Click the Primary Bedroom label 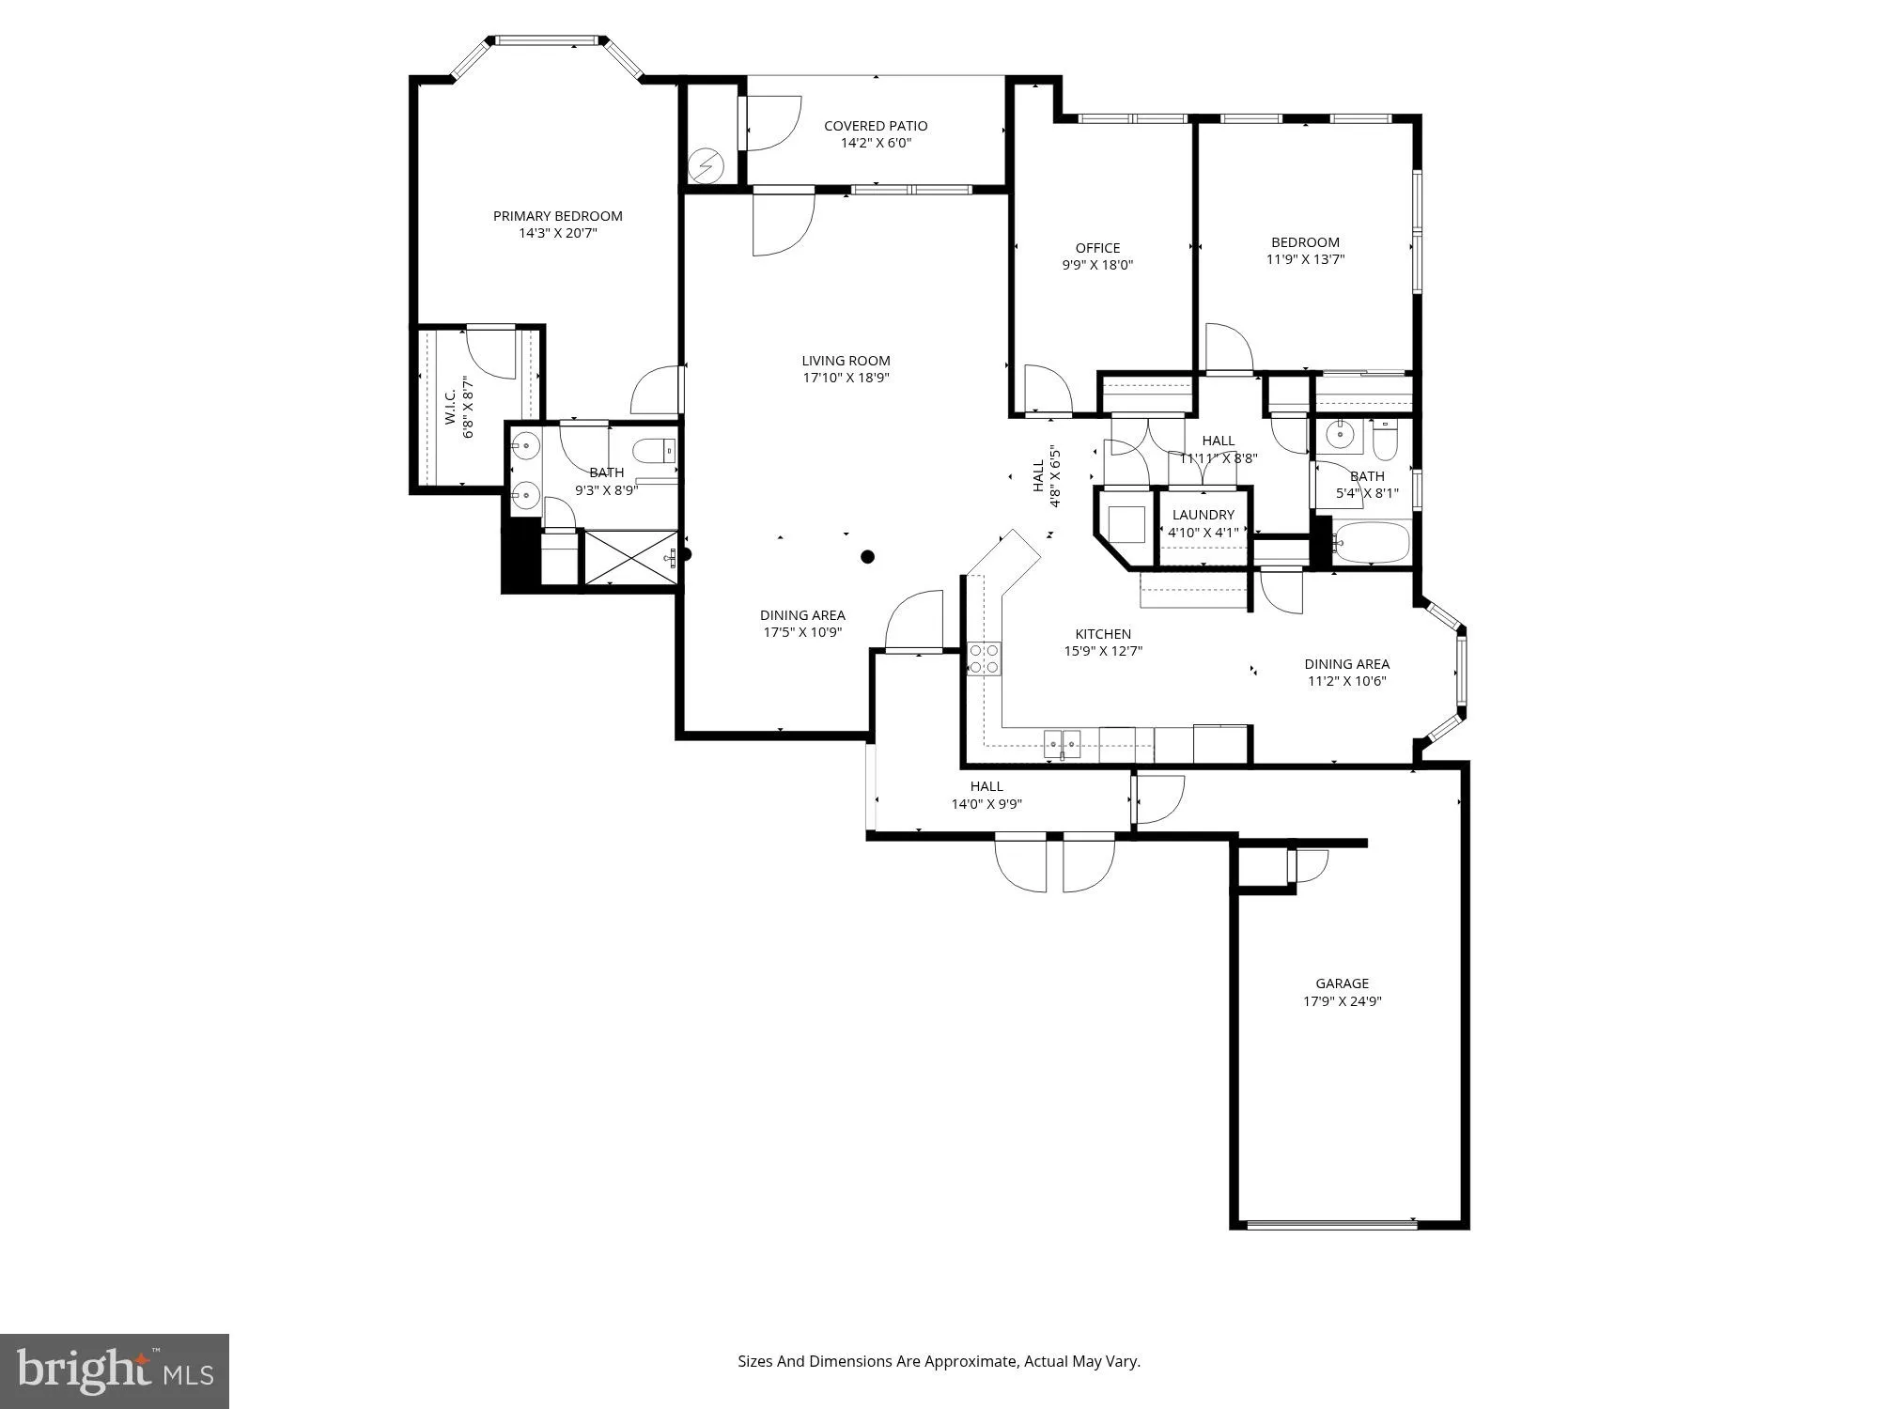pyautogui.click(x=557, y=216)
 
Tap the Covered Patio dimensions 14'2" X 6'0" pyautogui.click(x=876, y=144)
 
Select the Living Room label pyautogui.click(x=846, y=361)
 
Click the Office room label pyautogui.click(x=1097, y=248)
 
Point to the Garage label pyautogui.click(x=1342, y=983)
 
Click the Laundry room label pyautogui.click(x=1203, y=515)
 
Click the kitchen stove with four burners pyautogui.click(x=984, y=658)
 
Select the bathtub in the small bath pyautogui.click(x=1372, y=543)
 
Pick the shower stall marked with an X pyautogui.click(x=629, y=558)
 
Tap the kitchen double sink pyautogui.click(x=1063, y=744)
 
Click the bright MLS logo pyautogui.click(x=115, y=1370)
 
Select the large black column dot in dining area pyautogui.click(x=868, y=557)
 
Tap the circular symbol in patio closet pyautogui.click(x=706, y=166)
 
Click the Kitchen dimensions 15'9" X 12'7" pyautogui.click(x=1103, y=651)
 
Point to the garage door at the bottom pyautogui.click(x=1331, y=1223)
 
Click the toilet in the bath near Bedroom pyautogui.click(x=1386, y=437)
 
